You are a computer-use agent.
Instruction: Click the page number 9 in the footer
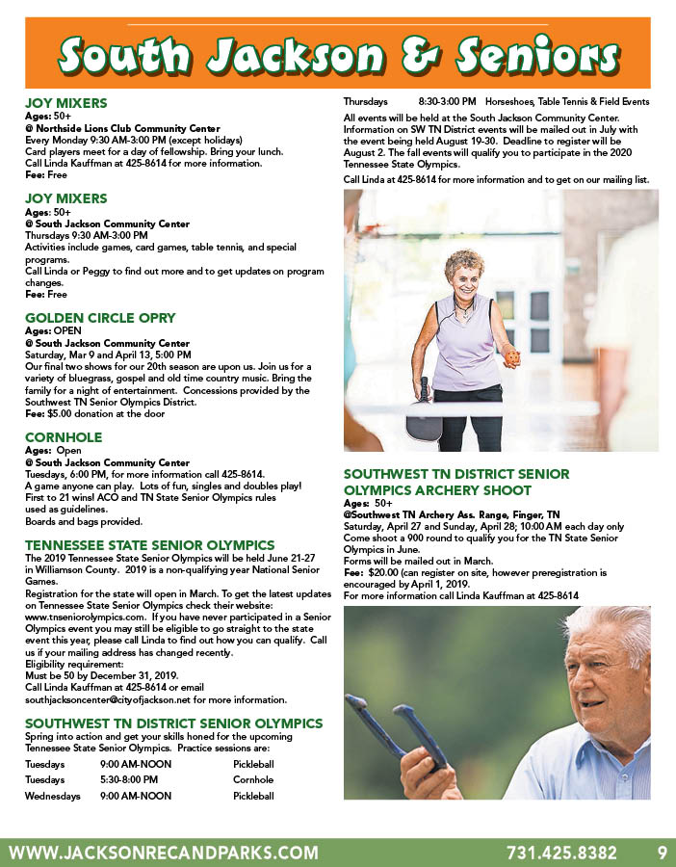click(662, 853)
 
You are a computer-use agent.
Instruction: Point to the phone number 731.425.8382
click(561, 853)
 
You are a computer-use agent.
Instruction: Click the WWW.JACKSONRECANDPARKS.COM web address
click(163, 853)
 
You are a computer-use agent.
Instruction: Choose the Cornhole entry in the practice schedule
click(252, 779)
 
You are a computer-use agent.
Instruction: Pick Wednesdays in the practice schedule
click(52, 796)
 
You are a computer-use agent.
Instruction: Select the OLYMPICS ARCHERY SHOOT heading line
click(439, 489)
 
